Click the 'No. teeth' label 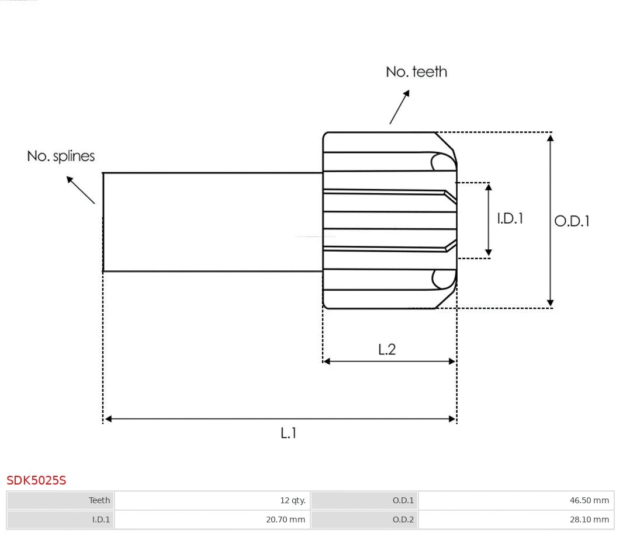416,72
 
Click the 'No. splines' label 61,156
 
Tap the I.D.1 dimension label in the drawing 510,218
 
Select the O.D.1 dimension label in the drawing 572,221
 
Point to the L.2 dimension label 387,349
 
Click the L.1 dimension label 289,433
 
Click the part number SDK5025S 36,480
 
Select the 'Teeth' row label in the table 99,500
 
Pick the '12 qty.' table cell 292,500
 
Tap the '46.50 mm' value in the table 589,500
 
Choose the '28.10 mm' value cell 589,520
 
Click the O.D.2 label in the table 403,520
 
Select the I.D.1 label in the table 101,520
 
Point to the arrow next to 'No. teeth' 399,107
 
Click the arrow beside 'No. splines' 80,189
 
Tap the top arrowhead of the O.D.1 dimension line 550,137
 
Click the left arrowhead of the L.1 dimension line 108,419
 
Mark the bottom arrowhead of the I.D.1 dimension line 489,253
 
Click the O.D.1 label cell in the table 403,500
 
